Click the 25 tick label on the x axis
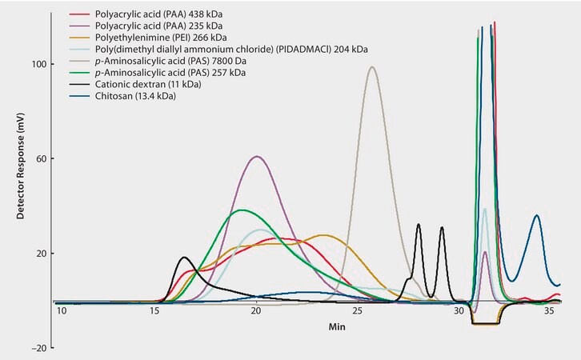pyautogui.click(x=357, y=310)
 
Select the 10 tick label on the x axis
pyautogui.click(x=62, y=310)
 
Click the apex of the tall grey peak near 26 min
pyautogui.click(x=372, y=67)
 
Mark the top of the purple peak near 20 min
pyautogui.click(x=256, y=157)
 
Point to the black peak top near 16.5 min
pyautogui.click(x=185, y=258)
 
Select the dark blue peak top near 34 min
pyautogui.click(x=536, y=215)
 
